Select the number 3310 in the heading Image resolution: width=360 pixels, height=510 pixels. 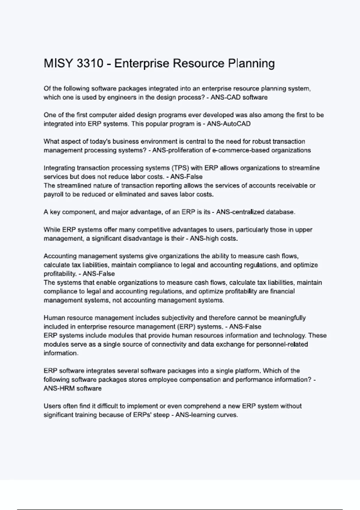(90, 64)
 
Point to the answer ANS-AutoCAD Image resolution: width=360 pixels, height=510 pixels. (229, 124)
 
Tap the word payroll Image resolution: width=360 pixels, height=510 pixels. (53, 194)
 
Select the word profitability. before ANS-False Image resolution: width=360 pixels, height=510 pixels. (60, 274)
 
